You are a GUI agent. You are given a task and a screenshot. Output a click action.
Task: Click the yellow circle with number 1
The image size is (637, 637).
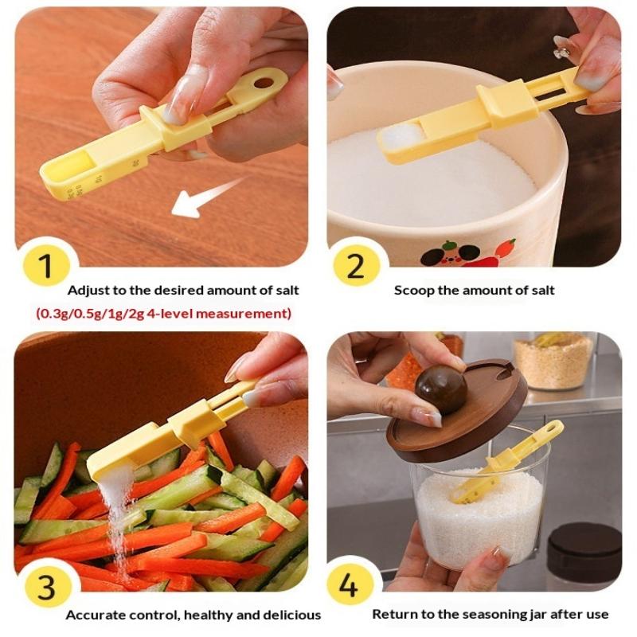pyautogui.click(x=46, y=266)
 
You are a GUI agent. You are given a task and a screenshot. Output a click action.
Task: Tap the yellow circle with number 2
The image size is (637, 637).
pyautogui.click(x=357, y=266)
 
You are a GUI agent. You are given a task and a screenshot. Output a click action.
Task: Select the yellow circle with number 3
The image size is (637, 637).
pyautogui.click(x=47, y=586)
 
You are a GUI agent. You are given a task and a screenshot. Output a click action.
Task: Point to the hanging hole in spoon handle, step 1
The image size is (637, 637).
pyautogui.click(x=264, y=84)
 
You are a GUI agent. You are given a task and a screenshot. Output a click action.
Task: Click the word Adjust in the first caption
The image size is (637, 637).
pyautogui.click(x=88, y=291)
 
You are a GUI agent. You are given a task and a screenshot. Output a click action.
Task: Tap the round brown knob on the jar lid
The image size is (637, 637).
pyautogui.click(x=441, y=385)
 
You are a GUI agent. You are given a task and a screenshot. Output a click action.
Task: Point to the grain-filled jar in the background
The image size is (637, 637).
pyautogui.click(x=553, y=361)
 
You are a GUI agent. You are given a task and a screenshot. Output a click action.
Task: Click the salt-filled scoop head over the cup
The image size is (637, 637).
pyautogui.click(x=401, y=138)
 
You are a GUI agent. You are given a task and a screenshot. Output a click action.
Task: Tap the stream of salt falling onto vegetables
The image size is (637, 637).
pyautogui.click(x=118, y=520)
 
